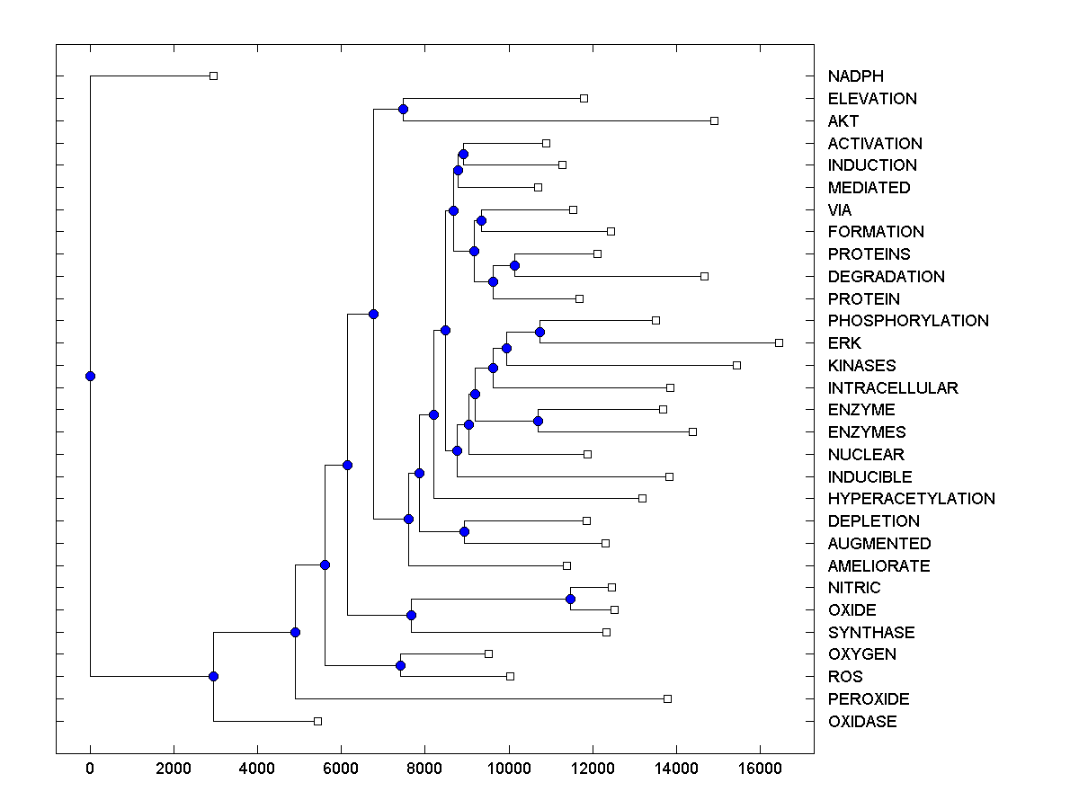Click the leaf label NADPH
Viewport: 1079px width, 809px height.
pos(855,76)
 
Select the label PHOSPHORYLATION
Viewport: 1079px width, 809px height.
pos(908,321)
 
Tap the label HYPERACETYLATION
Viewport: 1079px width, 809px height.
pos(911,499)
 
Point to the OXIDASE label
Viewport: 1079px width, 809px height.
pos(862,722)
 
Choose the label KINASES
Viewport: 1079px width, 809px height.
pos(861,366)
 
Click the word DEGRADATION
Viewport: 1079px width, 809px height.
pos(887,277)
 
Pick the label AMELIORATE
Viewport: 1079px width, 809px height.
pos(878,566)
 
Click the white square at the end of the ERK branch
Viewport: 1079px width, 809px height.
pos(779,342)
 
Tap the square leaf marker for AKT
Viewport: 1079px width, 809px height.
pos(714,120)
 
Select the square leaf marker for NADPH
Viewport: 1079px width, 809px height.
pos(213,76)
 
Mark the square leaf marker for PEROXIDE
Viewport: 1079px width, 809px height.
pos(667,698)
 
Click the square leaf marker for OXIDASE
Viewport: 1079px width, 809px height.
pos(317,721)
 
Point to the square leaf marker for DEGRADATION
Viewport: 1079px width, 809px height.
pos(704,276)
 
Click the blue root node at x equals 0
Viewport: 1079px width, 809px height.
pos(90,376)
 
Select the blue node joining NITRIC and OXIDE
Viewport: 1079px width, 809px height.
pos(570,599)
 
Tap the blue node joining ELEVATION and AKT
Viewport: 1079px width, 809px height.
pos(403,109)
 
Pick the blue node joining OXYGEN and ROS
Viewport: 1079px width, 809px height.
pos(400,665)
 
